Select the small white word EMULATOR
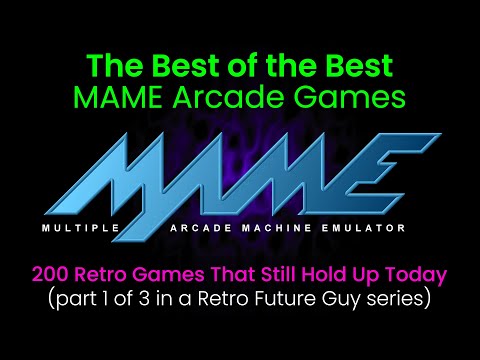(365, 229)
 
